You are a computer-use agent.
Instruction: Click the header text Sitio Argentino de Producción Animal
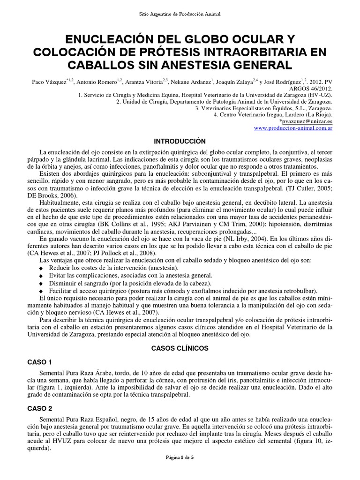[x=180, y=15]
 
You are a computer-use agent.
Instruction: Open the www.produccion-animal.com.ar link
[x=292, y=128]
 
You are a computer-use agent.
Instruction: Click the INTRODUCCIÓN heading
[x=180, y=141]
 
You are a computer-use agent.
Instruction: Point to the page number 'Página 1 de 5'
[x=180, y=470]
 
